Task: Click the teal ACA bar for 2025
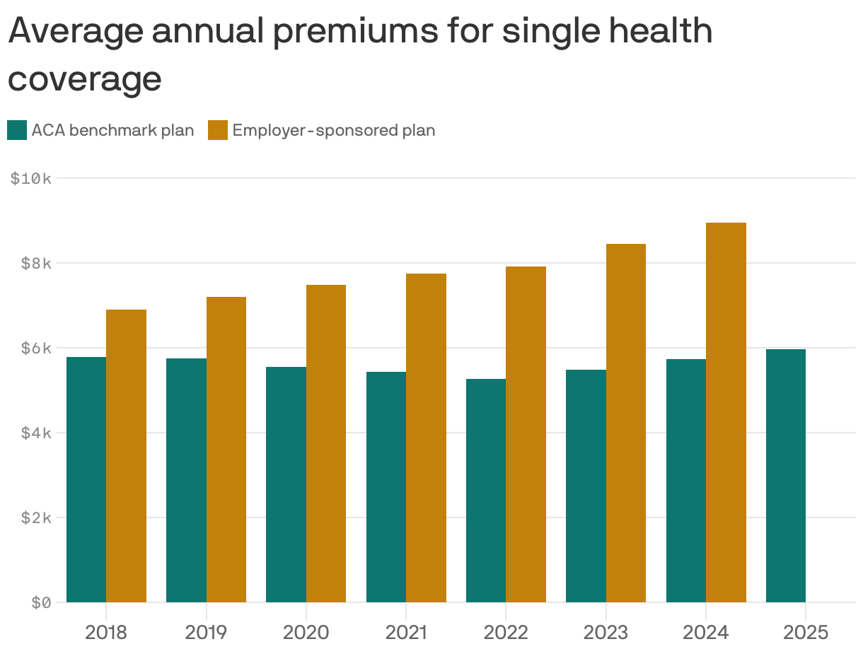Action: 785,476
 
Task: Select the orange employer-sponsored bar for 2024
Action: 726,412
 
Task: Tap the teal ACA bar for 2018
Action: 86,479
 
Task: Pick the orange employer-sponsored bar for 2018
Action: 126,456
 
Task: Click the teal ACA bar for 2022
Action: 486,491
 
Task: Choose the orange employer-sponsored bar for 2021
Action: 426,438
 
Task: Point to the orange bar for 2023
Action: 626,423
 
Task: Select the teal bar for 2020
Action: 286,484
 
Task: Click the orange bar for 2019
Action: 226,450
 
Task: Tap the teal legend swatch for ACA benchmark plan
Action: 17,130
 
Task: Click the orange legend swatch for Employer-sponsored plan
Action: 218,130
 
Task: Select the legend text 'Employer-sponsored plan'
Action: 333,131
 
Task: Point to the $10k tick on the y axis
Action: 31,179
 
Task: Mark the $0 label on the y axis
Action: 41,603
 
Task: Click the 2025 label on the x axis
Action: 805,632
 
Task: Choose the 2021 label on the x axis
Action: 406,632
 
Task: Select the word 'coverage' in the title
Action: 85,78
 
